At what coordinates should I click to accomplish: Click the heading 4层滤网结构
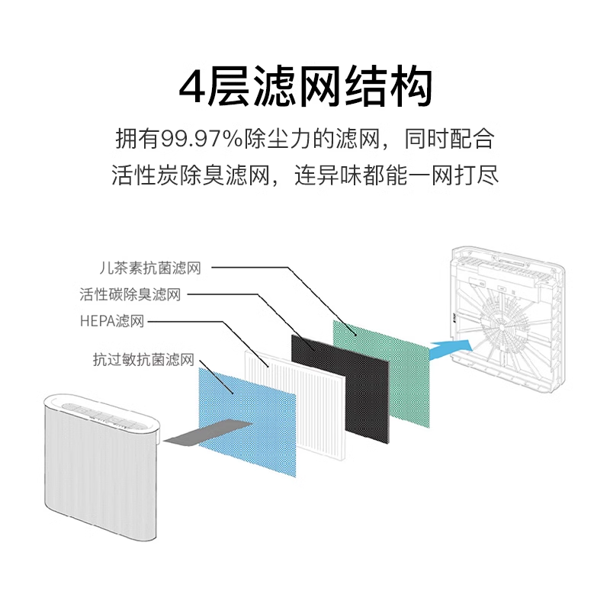(305, 88)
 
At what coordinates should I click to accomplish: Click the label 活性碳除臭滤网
(130, 294)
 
